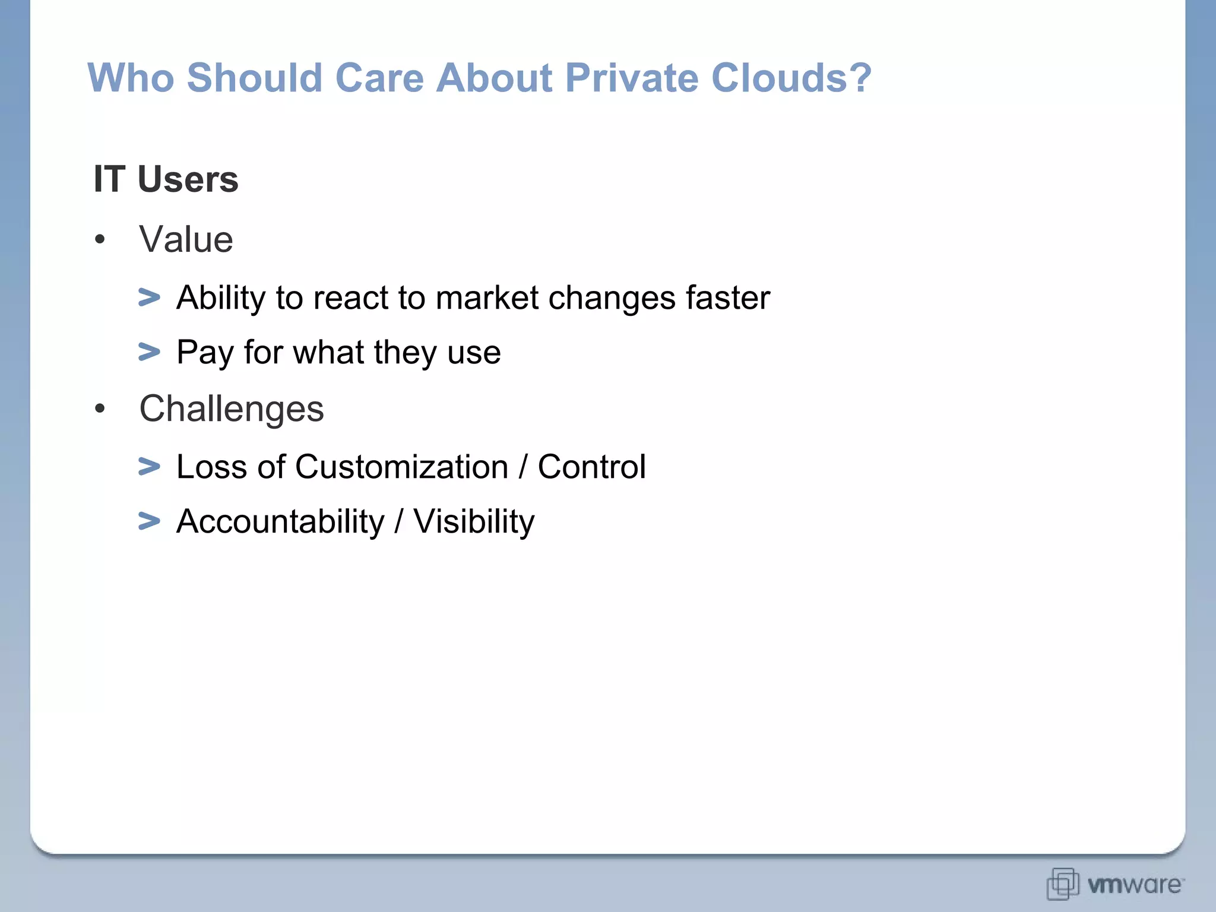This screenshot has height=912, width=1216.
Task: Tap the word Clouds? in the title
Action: pyautogui.click(x=791, y=78)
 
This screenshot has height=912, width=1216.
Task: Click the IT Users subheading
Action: pyautogui.click(x=166, y=179)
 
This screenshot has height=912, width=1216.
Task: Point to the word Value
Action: pyautogui.click(x=186, y=239)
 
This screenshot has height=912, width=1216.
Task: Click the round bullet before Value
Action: pyautogui.click(x=100, y=240)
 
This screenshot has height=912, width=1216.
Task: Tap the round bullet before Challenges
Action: pyautogui.click(x=100, y=408)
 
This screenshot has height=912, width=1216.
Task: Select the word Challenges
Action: pyautogui.click(x=232, y=408)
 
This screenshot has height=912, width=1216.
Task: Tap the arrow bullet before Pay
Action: pyautogui.click(x=149, y=351)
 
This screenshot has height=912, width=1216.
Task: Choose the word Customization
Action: pyautogui.click(x=401, y=467)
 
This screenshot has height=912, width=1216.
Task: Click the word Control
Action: pyautogui.click(x=591, y=467)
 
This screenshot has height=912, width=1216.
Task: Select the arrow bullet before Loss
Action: pyautogui.click(x=149, y=466)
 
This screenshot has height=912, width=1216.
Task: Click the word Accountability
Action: pyautogui.click(x=280, y=521)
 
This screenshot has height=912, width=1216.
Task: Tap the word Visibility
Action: pyautogui.click(x=473, y=521)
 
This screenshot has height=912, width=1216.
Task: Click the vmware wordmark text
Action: pyautogui.click(x=1134, y=885)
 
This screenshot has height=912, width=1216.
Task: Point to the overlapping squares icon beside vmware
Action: pyautogui.click(x=1063, y=883)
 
